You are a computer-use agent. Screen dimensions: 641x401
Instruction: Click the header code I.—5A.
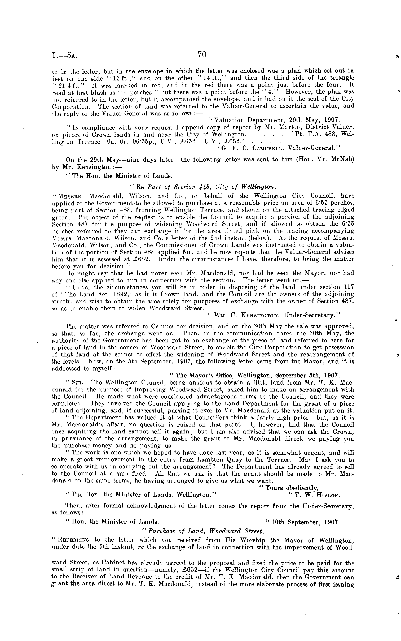pos(65,56)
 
